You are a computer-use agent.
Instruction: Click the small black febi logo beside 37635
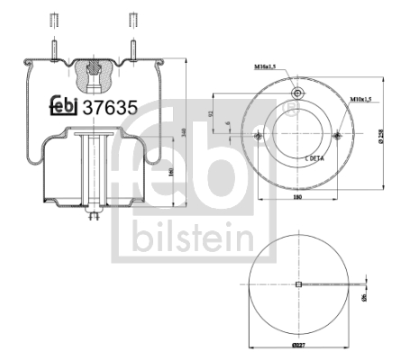click(62, 107)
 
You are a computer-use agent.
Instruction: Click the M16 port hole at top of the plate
click(296, 94)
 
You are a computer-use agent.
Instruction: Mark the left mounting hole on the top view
click(258, 135)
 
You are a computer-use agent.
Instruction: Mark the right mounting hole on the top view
click(337, 135)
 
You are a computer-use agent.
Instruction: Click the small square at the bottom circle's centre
click(297, 285)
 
